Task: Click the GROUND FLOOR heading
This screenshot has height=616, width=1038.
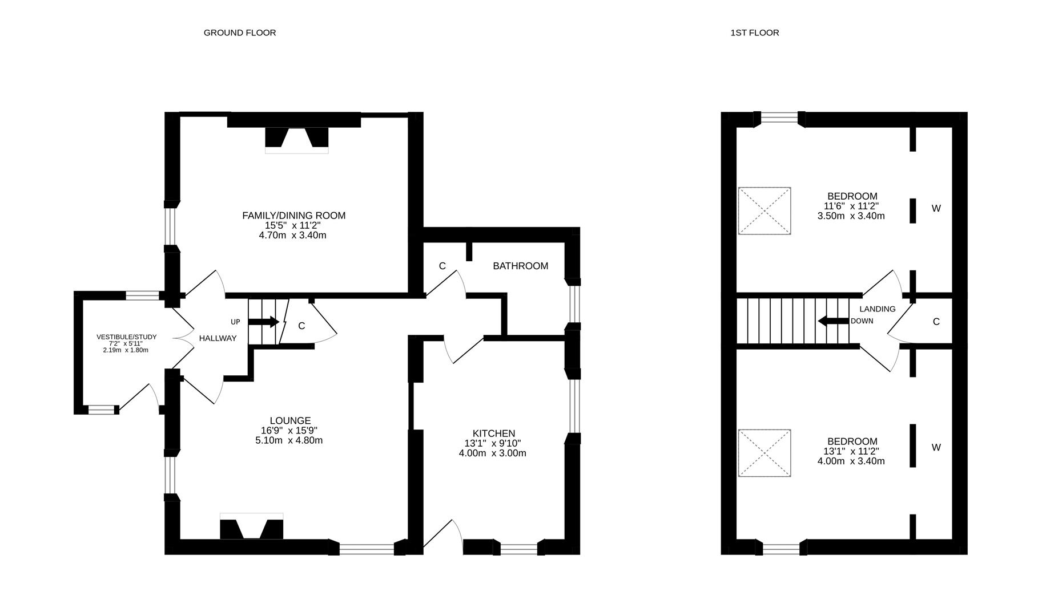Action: (240, 33)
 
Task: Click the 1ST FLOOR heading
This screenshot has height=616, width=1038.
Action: (754, 33)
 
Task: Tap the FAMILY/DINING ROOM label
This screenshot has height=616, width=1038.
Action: (293, 216)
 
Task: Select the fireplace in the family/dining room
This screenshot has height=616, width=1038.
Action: (297, 140)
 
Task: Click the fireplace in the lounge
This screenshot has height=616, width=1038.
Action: (251, 526)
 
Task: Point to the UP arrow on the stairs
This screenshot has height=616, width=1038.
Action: (264, 322)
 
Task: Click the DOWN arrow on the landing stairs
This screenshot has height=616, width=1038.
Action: (833, 321)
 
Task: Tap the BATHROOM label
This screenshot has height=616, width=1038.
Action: (520, 266)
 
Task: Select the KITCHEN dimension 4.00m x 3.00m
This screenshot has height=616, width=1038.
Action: (492, 453)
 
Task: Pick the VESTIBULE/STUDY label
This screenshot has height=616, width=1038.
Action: (126, 337)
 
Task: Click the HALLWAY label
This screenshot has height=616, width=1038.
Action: (218, 338)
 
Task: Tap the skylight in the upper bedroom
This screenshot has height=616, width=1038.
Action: (765, 210)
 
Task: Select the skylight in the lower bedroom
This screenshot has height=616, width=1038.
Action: (765, 453)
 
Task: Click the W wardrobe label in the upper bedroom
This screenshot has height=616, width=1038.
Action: (936, 209)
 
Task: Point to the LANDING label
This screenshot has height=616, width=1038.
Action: (878, 309)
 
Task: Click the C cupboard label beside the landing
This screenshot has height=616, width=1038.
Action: (936, 322)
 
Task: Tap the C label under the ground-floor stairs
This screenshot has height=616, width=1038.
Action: (301, 326)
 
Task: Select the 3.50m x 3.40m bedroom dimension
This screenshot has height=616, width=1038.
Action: (851, 216)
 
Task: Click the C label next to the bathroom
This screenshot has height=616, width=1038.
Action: (442, 266)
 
